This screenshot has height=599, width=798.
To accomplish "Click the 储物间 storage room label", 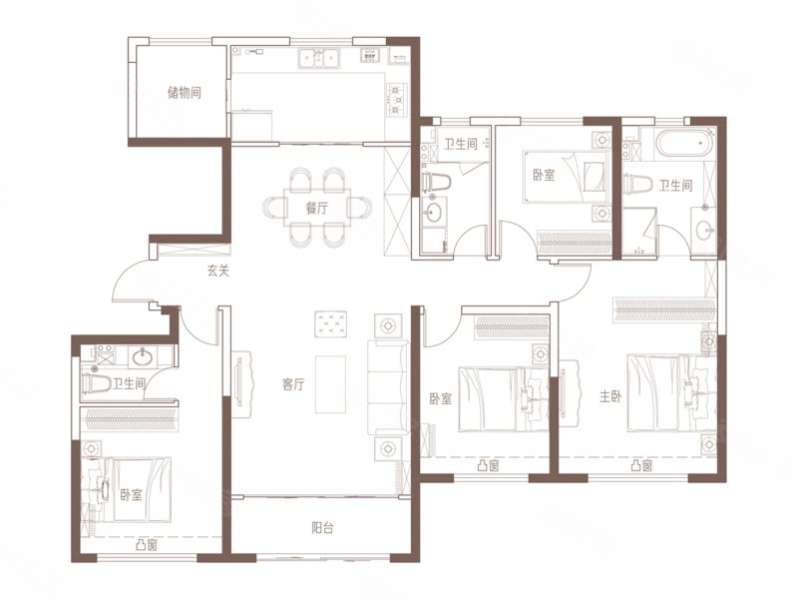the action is [x=185, y=93].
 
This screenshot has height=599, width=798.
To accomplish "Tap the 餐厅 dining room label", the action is [x=317, y=209].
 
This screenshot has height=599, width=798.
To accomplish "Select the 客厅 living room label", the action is [x=293, y=384].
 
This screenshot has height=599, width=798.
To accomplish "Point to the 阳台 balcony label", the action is [x=322, y=528].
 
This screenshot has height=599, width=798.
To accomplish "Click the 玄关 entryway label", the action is [x=218, y=271].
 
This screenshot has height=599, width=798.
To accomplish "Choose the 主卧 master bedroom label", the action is [x=610, y=396].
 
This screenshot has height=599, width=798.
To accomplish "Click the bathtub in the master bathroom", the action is [x=685, y=143].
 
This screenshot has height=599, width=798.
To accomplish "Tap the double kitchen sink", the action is [x=319, y=58].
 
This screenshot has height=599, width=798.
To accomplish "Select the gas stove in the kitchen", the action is [x=397, y=99].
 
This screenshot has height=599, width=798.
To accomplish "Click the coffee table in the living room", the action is [x=331, y=384].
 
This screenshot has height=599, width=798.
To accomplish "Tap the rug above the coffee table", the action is [x=331, y=323].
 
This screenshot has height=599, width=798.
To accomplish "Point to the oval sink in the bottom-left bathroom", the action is [x=145, y=357].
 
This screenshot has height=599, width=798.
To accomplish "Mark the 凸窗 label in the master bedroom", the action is [x=641, y=465].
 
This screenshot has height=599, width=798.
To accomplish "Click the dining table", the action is [x=317, y=208].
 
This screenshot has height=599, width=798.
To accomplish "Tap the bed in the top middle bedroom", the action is [x=566, y=177].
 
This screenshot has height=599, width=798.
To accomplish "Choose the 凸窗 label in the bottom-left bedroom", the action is [x=147, y=545].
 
